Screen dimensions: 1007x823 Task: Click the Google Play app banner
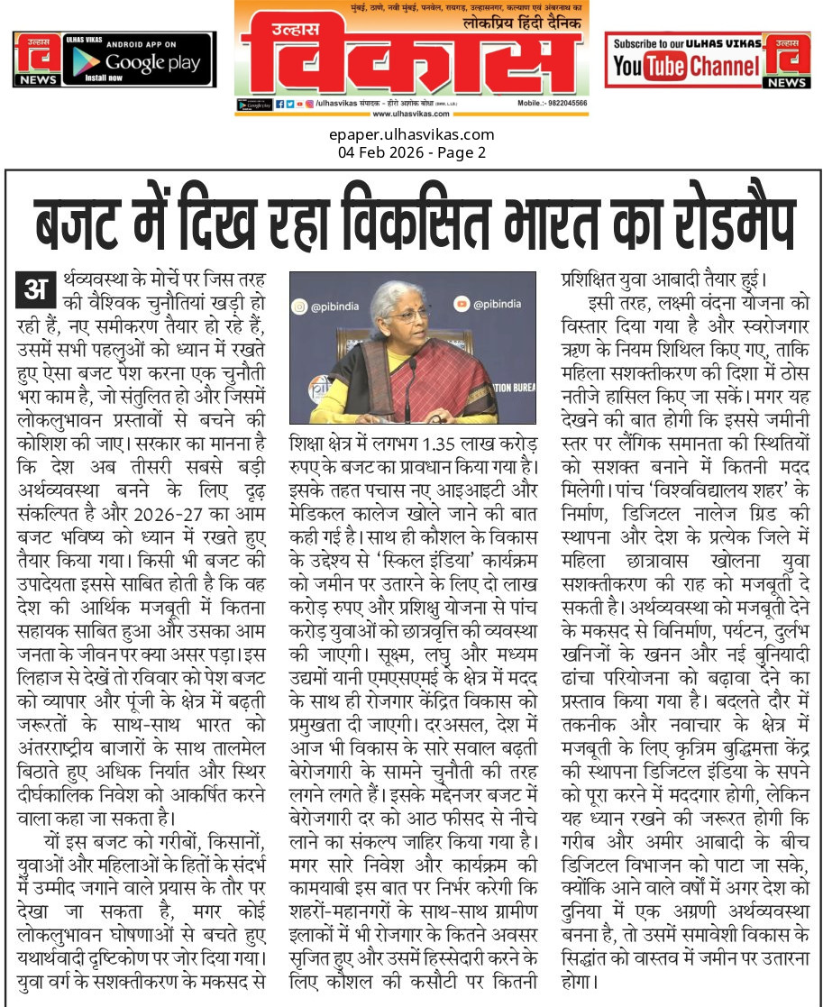114,60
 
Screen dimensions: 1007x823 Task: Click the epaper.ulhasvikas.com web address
411,135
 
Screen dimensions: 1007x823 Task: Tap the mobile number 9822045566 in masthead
563,104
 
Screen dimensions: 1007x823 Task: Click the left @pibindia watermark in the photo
335,307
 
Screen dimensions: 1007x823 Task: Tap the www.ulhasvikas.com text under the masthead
411,114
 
